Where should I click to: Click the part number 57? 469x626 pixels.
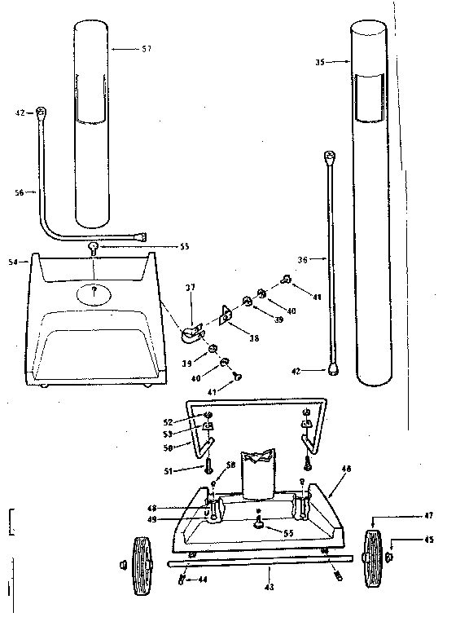147,49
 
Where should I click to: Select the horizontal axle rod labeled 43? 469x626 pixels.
261,560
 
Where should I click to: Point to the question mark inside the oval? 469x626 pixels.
95,289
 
